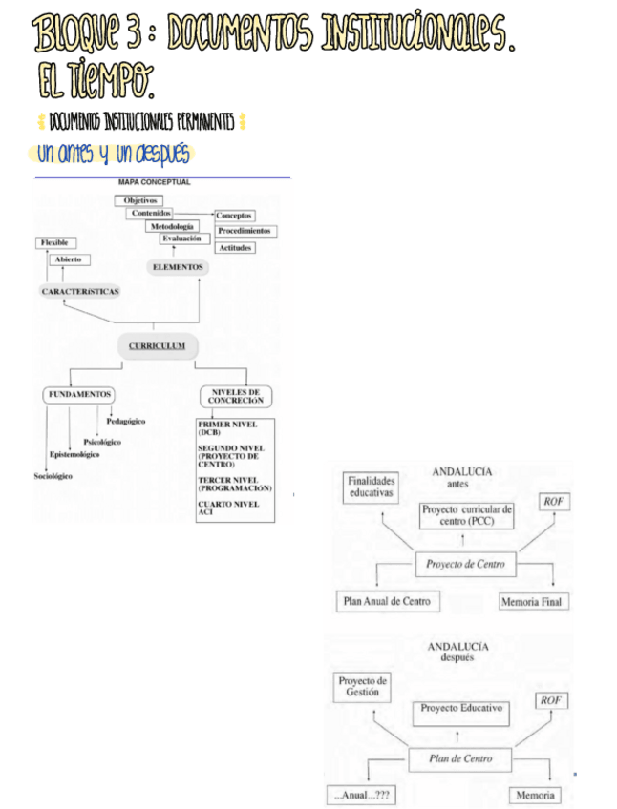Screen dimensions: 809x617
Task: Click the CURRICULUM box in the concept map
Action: [157, 345]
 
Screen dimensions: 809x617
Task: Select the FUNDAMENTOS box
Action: [78, 394]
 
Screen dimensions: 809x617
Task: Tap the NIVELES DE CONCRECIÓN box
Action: [235, 396]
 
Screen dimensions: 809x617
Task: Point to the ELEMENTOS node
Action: [178, 267]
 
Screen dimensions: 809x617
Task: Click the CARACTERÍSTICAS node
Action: [80, 290]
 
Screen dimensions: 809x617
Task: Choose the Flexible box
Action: [53, 243]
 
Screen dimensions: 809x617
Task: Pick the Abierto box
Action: [67, 259]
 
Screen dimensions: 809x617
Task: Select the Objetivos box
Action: [140, 200]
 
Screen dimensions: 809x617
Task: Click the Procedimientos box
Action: [245, 231]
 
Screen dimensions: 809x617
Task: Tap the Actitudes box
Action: [235, 247]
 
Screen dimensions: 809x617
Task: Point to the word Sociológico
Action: [53, 476]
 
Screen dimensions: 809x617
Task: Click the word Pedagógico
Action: [124, 422]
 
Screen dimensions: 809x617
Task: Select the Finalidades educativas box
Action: [371, 487]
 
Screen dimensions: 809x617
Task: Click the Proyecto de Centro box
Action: [466, 564]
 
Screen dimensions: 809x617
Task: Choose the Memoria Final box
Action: [534, 602]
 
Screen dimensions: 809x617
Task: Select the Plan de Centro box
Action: [461, 758]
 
